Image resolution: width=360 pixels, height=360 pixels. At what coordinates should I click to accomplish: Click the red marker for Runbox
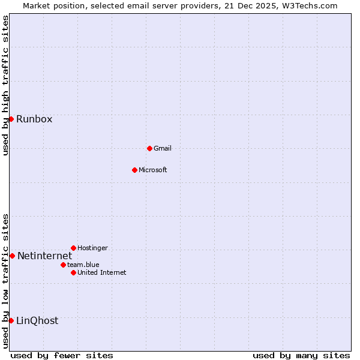[11, 119]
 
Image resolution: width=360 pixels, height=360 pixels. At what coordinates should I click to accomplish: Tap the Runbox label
[34, 119]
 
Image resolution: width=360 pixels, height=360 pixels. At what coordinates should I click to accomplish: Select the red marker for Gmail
[149, 148]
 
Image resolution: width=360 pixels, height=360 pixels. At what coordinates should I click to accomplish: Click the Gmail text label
[163, 148]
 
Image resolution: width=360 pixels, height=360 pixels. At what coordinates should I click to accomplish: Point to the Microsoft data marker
[134, 170]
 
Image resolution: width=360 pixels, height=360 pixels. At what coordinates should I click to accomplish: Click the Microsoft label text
[153, 170]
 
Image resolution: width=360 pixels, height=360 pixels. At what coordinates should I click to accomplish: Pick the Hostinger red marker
[73, 248]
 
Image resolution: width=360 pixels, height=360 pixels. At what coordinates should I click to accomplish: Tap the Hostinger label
[92, 248]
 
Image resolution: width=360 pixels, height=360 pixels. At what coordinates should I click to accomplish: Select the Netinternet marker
[12, 256]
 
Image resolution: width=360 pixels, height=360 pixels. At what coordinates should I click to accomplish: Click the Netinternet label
[44, 256]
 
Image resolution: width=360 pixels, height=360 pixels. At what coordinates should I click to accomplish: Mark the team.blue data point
[63, 265]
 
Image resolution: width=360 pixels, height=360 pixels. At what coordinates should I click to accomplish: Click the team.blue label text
[83, 265]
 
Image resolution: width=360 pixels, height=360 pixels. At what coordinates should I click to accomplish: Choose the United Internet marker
[73, 272]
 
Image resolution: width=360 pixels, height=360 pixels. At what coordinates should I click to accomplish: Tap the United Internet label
[102, 272]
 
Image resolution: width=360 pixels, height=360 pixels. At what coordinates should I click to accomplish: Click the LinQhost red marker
[11, 320]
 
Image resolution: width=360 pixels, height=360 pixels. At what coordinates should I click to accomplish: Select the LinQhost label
[37, 321]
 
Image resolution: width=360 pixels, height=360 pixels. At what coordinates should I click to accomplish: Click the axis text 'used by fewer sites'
[62, 355]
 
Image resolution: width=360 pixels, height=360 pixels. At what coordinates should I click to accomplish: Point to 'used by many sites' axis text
[301, 355]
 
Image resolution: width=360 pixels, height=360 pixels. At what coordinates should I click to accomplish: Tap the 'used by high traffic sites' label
[5, 85]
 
